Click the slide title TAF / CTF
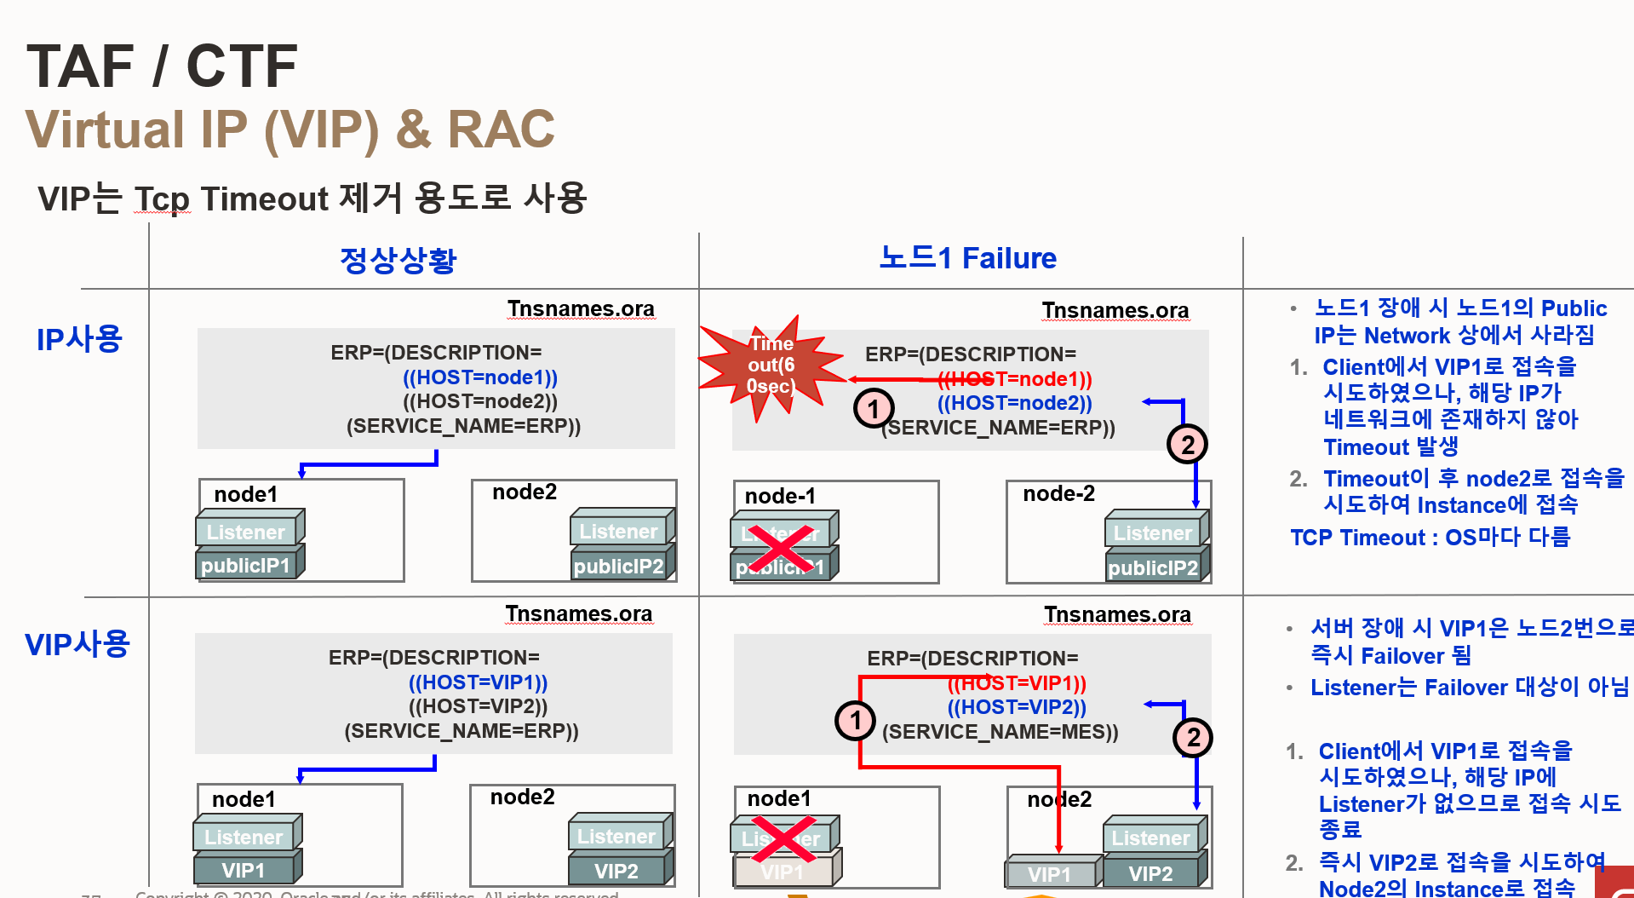pyautogui.click(x=162, y=66)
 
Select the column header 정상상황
pyautogui.click(x=398, y=260)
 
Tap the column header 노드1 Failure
pyautogui.click(x=967, y=257)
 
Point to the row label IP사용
pyautogui.click(x=79, y=339)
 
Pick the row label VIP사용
pyautogui.click(x=77, y=644)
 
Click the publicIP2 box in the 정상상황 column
pyautogui.click(x=618, y=567)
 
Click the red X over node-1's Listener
pyautogui.click(x=780, y=548)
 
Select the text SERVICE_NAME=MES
pyautogui.click(x=1000, y=732)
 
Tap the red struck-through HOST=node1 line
pyautogui.click(x=1014, y=379)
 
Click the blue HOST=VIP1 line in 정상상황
pyautogui.click(x=478, y=682)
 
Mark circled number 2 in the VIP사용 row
pyautogui.click(x=1193, y=737)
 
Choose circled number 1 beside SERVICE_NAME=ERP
pyautogui.click(x=874, y=409)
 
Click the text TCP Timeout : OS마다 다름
pyautogui.click(x=1430, y=538)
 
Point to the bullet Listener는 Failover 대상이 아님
pyautogui.click(x=1469, y=688)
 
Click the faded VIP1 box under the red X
pyautogui.click(x=782, y=872)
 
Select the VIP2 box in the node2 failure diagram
pyautogui.click(x=1150, y=873)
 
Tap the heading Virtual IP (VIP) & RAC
pyautogui.click(x=290, y=130)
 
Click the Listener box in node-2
pyautogui.click(x=1152, y=533)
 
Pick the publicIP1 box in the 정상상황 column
pyautogui.click(x=245, y=566)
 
